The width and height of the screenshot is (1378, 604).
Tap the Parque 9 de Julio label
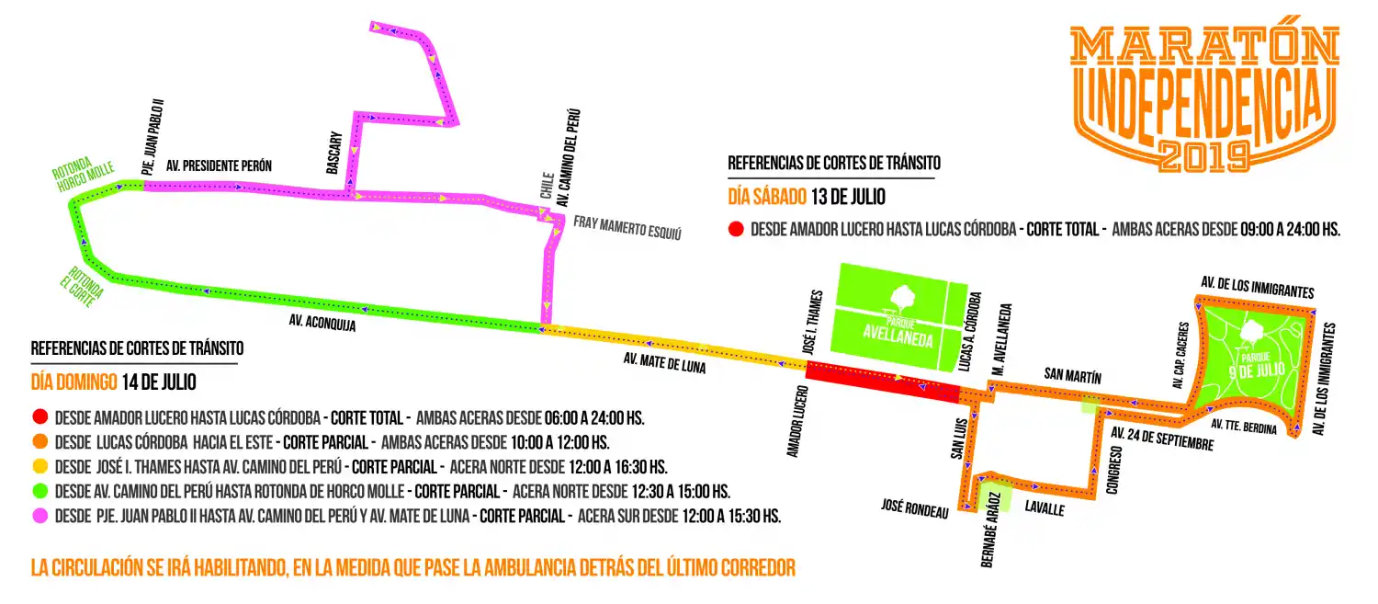point(1257,363)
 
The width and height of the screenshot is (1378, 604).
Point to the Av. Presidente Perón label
point(219,166)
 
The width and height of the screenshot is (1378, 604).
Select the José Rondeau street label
point(914,508)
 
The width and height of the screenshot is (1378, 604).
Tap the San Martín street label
point(1072,375)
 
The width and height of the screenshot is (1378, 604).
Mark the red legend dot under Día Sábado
point(735,230)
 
